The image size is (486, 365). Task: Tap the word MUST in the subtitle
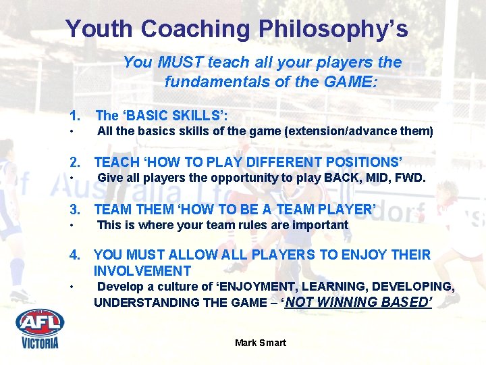180,63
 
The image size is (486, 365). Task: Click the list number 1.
74,115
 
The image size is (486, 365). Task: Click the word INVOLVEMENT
142,271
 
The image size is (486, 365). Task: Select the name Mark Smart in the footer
261,343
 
